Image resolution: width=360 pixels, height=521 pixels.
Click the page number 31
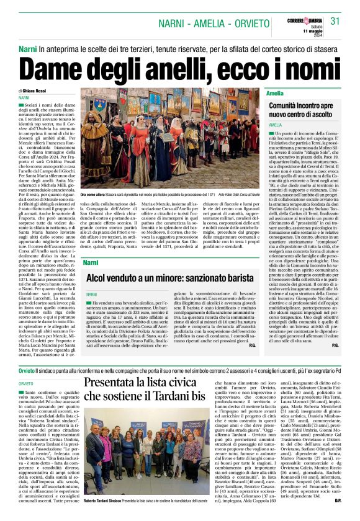pyautogui.click(x=336, y=21)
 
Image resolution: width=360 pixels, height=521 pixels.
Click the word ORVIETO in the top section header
pyautogui.click(x=234, y=23)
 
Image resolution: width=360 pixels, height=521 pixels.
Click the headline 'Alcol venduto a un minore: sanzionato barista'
pyautogui.click(x=170, y=278)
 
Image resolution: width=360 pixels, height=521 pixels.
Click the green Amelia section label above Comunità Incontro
pyautogui.click(x=274, y=92)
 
